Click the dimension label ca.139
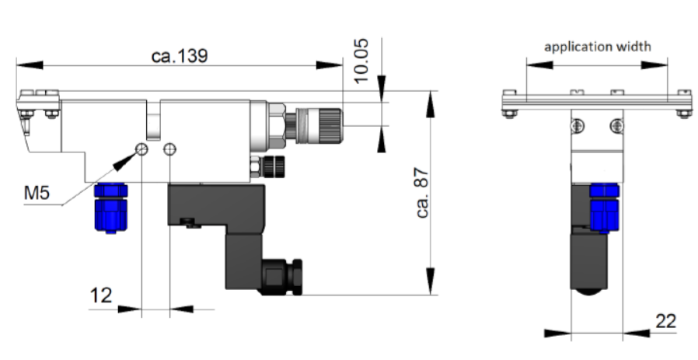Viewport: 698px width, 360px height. [x=180, y=56]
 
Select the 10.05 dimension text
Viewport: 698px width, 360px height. [x=361, y=61]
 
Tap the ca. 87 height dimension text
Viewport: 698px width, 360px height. [x=422, y=193]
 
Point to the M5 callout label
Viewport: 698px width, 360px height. [x=37, y=193]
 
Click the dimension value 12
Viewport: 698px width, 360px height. [x=101, y=295]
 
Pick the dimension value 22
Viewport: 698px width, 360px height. [x=666, y=321]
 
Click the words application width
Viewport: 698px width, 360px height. [x=598, y=47]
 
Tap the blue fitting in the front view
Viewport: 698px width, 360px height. [x=604, y=208]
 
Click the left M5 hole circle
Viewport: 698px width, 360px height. [x=142, y=149]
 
